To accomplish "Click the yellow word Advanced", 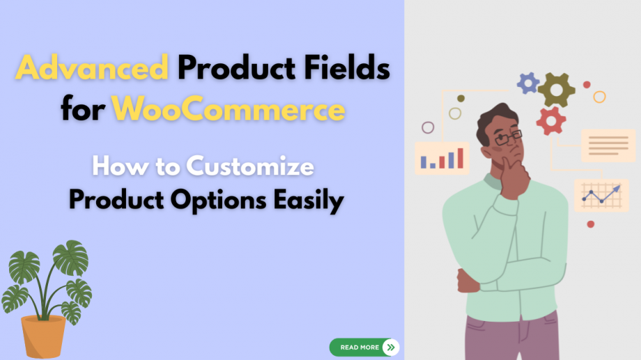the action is tap(92, 68).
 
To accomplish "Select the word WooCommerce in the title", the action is tap(229, 109).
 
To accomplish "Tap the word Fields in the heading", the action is tap(347, 68).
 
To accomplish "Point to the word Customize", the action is tap(250, 166).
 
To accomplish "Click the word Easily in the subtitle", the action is tap(309, 201).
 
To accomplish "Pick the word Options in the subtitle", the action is tap(218, 201).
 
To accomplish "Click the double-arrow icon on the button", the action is tap(391, 347).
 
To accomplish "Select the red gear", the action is tap(551, 120).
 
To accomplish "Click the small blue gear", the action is tap(528, 84).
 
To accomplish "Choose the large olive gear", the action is tap(557, 90).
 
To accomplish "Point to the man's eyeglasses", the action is tap(509, 138).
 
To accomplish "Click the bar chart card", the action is tap(442, 158).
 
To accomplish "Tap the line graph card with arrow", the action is tap(601, 196).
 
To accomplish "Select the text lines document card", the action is tap(608, 146).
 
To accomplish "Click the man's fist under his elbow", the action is tap(468, 281).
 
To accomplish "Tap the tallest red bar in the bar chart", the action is tap(461, 158).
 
